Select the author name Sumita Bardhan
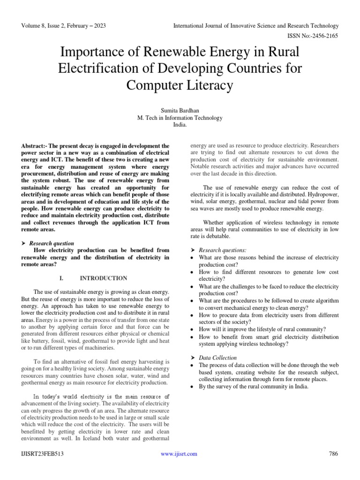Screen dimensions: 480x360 tap(180, 110)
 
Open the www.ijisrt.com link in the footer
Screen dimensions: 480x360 tap(179, 453)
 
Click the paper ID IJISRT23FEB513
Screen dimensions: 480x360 tap(42, 453)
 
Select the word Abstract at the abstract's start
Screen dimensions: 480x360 tap(33, 146)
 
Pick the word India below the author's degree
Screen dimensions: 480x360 tap(180, 125)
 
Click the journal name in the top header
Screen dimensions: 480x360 tap(255, 25)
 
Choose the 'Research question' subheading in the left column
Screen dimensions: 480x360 tap(52, 243)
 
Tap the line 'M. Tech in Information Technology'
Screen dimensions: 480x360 tap(180, 118)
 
